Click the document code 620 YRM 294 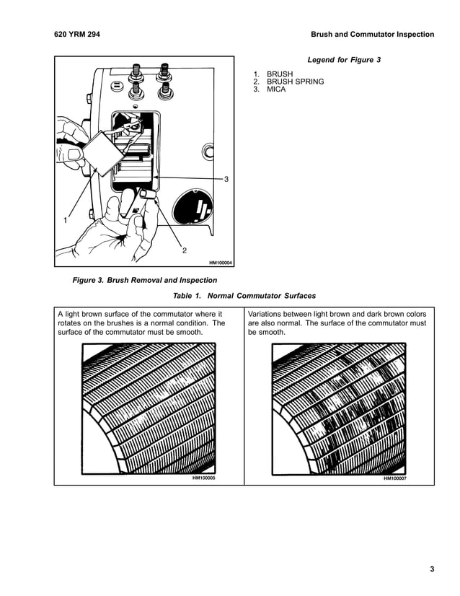[x=77, y=34]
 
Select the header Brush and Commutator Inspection [x=372, y=34]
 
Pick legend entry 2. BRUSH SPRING [x=288, y=82]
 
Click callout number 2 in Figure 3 [x=185, y=250]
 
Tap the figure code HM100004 [x=220, y=263]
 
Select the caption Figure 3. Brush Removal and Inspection [x=145, y=280]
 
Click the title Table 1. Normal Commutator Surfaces [x=244, y=296]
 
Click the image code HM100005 [x=204, y=478]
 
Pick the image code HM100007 [x=394, y=478]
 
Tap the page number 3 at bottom [x=432, y=570]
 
